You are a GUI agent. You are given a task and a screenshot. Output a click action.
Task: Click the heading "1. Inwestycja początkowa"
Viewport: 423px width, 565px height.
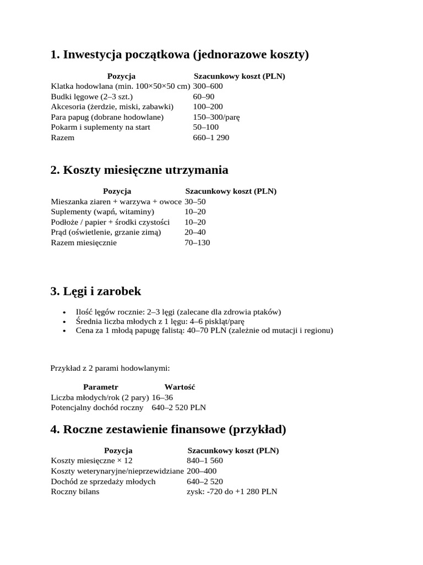click(x=180, y=55)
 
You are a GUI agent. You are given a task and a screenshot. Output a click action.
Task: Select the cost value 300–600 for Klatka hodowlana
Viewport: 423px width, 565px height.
click(x=208, y=86)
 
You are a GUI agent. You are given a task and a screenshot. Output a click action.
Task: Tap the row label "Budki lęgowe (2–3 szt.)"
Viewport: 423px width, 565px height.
click(x=88, y=97)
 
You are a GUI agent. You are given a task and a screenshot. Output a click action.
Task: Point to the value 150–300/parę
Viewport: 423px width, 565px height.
click(x=216, y=117)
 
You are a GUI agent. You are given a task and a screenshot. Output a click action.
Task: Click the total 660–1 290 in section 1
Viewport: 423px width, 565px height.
click(x=211, y=137)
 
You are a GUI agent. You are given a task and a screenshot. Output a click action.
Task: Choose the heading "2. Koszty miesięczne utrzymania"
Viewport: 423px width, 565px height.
click(x=139, y=169)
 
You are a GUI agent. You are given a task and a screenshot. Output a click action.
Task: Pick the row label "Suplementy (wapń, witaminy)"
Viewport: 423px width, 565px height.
click(x=102, y=212)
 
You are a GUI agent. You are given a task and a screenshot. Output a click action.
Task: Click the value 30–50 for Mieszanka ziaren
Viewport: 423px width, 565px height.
click(x=195, y=201)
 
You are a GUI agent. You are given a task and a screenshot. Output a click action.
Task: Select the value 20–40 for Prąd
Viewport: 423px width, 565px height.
click(x=195, y=232)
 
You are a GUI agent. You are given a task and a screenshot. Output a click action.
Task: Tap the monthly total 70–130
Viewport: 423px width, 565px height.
click(x=197, y=243)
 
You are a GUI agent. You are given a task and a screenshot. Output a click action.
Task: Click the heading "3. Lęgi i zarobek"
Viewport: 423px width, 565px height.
click(x=95, y=291)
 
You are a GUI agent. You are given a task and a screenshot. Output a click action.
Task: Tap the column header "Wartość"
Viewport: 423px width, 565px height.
click(x=180, y=387)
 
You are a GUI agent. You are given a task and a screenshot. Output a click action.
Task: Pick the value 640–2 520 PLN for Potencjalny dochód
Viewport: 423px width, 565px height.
click(x=178, y=408)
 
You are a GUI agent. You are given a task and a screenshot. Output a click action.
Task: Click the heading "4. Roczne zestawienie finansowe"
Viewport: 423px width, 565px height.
click(x=168, y=429)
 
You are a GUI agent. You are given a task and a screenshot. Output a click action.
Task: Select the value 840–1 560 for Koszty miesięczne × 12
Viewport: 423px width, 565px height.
click(x=205, y=461)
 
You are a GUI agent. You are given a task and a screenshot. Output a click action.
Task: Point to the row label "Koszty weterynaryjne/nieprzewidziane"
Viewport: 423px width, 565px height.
click(x=117, y=471)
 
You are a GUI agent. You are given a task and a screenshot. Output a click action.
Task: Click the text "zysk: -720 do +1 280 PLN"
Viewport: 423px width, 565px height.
click(x=232, y=491)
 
